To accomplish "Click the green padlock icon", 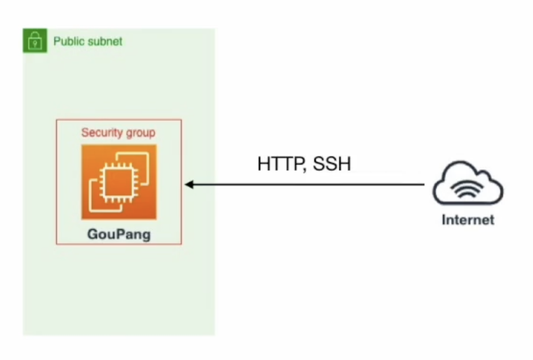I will click(x=35, y=41).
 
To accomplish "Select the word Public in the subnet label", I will click(x=68, y=42).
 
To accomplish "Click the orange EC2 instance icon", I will click(x=119, y=182).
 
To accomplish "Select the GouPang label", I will click(x=119, y=234).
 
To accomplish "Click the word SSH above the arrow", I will click(x=331, y=164).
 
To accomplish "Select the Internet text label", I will click(x=468, y=220).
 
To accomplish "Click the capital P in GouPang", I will click(x=120, y=234).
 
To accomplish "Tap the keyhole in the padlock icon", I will click(x=35, y=44).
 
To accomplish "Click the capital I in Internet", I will click(x=444, y=220).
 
